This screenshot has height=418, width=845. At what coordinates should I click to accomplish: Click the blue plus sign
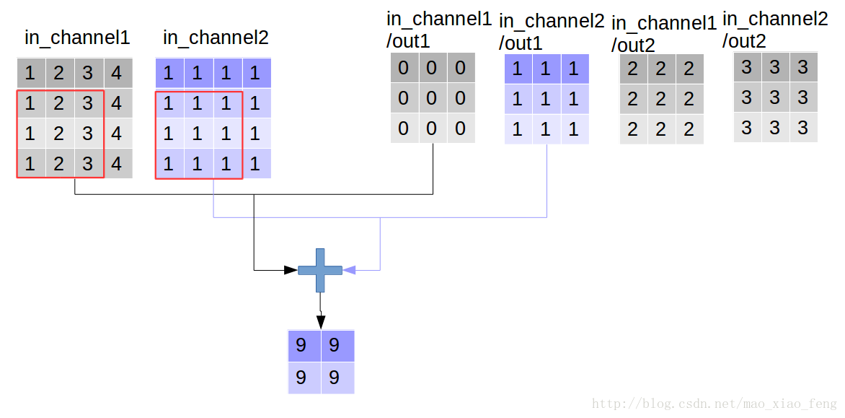(320, 270)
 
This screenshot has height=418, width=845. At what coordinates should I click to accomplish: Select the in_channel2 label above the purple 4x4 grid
(216, 38)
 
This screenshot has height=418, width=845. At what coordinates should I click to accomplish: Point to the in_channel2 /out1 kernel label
(550, 32)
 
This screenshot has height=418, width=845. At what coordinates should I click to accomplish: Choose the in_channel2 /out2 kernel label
(774, 30)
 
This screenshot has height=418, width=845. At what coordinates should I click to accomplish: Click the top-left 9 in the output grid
(302, 346)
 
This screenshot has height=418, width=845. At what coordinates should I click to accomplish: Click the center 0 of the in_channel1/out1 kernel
(432, 97)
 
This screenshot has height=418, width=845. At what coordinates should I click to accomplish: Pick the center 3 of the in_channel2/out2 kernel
(775, 97)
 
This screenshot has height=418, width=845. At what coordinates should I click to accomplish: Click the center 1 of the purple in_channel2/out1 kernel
(546, 100)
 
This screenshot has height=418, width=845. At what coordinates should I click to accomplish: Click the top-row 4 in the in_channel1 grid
(118, 73)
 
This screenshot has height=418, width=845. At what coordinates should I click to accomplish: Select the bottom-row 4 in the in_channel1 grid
(118, 164)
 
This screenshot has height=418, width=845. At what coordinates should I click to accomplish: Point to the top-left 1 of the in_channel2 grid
(168, 73)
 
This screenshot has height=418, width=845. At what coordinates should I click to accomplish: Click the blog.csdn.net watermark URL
(714, 404)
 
